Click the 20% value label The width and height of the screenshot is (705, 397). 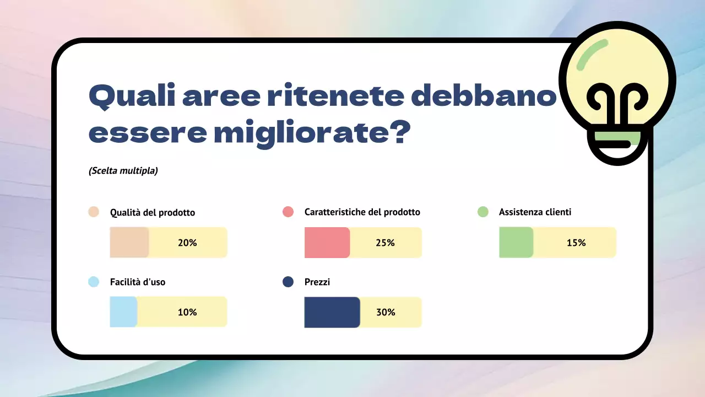pos(187,243)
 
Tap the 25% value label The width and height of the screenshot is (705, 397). pos(386,243)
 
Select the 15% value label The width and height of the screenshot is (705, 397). pos(576,243)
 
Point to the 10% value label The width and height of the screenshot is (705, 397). pos(187,312)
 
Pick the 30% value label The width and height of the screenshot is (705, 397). pos(386,312)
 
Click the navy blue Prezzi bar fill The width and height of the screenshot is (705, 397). pos(332,312)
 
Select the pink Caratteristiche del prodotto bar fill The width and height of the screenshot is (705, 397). pos(327,243)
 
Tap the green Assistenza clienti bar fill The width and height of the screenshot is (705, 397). pos(516,243)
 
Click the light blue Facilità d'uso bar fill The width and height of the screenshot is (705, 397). pos(123,312)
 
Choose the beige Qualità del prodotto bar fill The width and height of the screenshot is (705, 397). pos(129,243)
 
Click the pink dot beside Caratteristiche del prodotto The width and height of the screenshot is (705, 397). pos(288,212)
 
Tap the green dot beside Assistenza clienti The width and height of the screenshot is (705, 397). pos(482,212)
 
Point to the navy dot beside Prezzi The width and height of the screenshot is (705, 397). pos(288,282)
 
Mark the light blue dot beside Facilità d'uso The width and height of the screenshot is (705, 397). pos(94,282)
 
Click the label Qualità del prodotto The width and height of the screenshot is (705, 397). pos(153,212)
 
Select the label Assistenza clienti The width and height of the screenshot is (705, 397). pos(535,212)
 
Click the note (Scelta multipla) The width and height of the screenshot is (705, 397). pos(123,171)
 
